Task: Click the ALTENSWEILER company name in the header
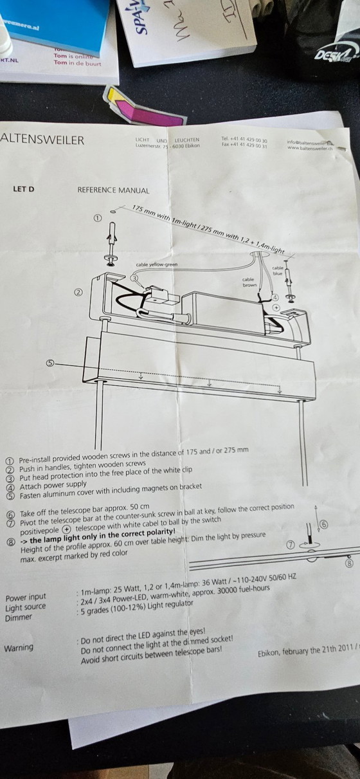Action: point(42,140)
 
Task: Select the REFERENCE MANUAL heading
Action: point(113,190)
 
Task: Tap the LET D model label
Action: point(23,190)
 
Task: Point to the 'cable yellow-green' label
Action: point(157,264)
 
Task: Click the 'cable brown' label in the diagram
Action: point(249,282)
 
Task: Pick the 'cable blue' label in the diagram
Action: point(278,270)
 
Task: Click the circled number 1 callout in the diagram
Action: point(98,218)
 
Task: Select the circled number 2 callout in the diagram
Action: point(78,292)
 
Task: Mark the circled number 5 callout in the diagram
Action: point(50,363)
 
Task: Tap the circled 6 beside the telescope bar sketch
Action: point(323,524)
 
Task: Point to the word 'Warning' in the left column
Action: point(19,648)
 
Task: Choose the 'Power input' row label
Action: point(25,598)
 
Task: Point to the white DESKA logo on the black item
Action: point(335,55)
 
